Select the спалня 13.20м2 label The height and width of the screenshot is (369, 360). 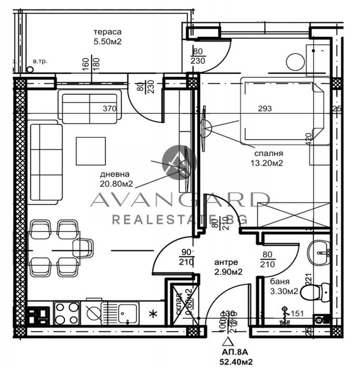coord(267,158)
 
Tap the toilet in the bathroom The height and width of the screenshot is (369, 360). coord(318,290)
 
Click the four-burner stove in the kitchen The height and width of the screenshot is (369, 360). coord(67,313)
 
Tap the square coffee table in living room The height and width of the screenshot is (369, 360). coord(91,151)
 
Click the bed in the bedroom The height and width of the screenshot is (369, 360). coord(282,111)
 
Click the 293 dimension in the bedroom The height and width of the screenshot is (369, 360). coord(265,109)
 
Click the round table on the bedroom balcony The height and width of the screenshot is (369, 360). coord(295,62)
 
